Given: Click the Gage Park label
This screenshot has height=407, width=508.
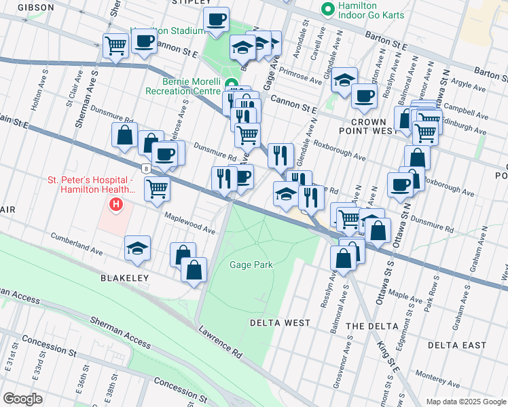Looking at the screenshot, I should pyautogui.click(x=251, y=265).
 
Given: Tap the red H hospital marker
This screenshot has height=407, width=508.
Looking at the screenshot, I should pyautogui.click(x=117, y=203).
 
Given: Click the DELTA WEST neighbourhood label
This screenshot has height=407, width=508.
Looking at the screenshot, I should pyautogui.click(x=279, y=323).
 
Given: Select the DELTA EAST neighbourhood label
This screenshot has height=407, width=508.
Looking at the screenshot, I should pyautogui.click(x=457, y=345).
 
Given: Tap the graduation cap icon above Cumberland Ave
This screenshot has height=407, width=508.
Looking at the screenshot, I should pyautogui.click(x=137, y=248).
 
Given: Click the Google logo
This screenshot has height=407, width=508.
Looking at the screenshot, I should pyautogui.click(x=22, y=399).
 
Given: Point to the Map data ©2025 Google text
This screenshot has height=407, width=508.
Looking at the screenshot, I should pyautogui.click(x=465, y=402).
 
